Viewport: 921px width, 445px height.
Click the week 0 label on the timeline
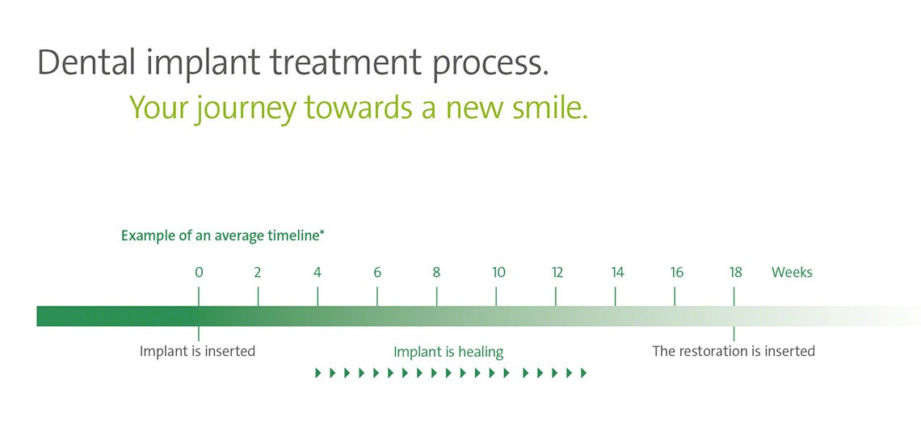point(199,273)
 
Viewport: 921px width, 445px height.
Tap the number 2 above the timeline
point(258,273)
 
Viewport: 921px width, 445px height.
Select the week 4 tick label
point(318,273)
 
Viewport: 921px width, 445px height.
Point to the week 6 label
point(377,273)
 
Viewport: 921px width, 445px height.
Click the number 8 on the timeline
point(436,273)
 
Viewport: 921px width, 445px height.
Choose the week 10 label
point(498,273)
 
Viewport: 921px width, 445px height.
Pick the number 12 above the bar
point(557,273)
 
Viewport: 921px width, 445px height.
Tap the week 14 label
point(617,273)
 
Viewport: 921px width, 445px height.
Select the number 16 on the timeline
point(676,273)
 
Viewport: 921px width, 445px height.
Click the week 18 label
point(735,273)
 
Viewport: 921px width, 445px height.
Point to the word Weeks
point(792,273)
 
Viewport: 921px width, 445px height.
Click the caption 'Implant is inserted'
point(197,351)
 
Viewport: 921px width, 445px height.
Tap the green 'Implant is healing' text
point(448,352)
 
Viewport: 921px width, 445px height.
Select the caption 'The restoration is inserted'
point(734,351)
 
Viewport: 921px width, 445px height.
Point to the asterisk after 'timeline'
point(322,233)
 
